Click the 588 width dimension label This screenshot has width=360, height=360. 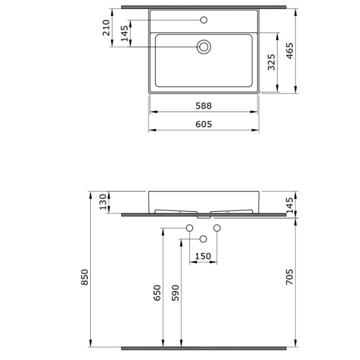point(204,106)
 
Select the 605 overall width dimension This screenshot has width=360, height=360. point(204,124)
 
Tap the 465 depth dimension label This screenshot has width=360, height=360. point(290,51)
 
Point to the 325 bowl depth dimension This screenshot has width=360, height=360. point(271,62)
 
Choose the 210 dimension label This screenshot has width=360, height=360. point(106,28)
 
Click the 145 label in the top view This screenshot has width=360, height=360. point(125,34)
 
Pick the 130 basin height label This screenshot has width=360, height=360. point(103,202)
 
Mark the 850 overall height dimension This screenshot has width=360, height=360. point(85,277)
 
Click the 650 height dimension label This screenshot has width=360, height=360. point(157,293)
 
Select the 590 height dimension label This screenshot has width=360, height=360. point(176,293)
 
